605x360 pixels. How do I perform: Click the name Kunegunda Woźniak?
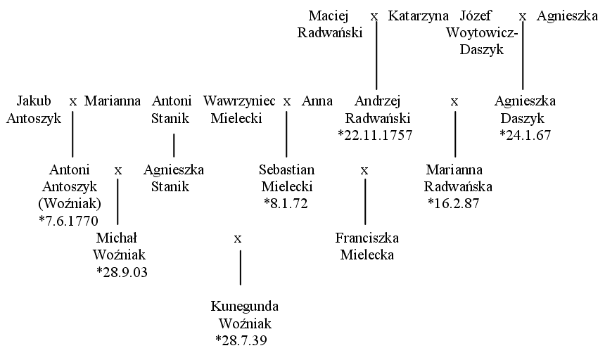pos(245,314)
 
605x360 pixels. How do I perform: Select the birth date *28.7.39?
pos(241,340)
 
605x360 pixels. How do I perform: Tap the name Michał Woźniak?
pos(119,246)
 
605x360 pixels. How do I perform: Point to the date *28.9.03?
pos(122,272)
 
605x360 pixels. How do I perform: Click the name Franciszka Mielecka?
pos(367,246)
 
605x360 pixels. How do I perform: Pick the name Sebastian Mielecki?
pos(287,178)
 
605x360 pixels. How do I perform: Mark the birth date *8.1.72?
pos(286,203)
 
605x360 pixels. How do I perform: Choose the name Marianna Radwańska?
pos(457,178)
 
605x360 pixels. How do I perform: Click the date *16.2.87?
pos(454,203)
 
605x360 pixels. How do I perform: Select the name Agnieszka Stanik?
pos(174,178)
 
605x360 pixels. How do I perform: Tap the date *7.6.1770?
pos(69,221)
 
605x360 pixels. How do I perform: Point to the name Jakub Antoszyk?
pos(34,110)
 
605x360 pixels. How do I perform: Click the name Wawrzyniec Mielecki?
pos(239,110)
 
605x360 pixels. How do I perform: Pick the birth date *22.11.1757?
pos(375,135)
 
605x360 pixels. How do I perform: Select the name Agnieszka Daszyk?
pos(525,110)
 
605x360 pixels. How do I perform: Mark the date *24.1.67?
pos(525,135)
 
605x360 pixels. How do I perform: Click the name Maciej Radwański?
pos(330,25)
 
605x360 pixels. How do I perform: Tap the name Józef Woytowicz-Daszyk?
pos(482,33)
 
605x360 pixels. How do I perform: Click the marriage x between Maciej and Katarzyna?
pos(374,17)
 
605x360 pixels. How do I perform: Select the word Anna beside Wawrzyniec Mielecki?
pos(317,101)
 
